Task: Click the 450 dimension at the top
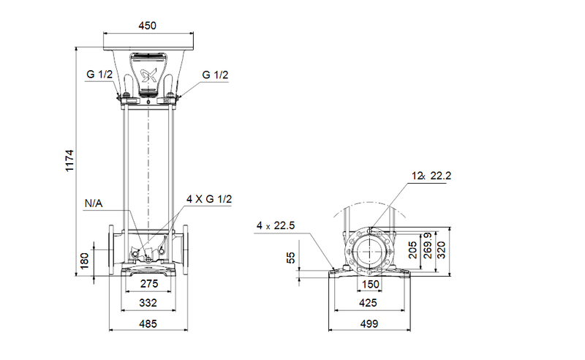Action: tap(148, 26)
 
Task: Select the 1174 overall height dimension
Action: tap(69, 160)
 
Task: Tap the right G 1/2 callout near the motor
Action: tap(216, 75)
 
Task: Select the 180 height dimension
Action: tap(85, 260)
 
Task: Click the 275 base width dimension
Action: tap(148, 284)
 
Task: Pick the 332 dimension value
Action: tap(148, 303)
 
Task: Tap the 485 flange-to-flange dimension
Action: tap(148, 322)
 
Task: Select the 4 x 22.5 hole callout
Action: tap(275, 226)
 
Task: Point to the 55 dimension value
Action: tap(291, 258)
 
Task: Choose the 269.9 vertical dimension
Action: tap(427, 251)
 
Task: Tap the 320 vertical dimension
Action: tap(442, 251)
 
